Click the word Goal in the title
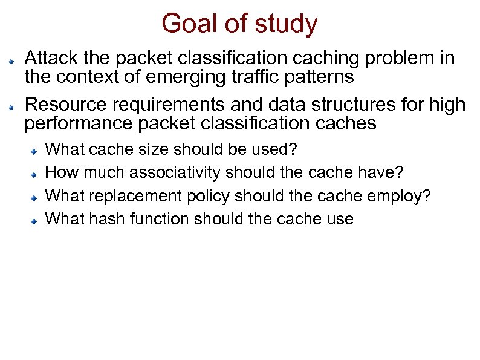(x=184, y=24)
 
